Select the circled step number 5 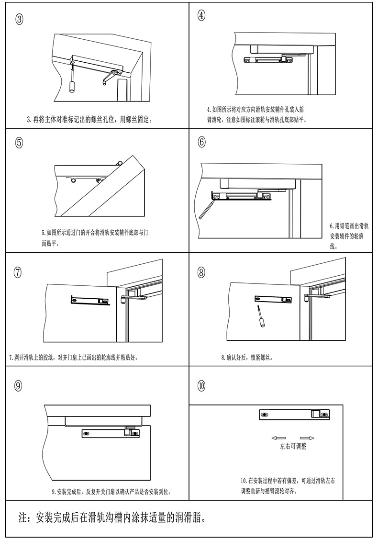tap(19, 142)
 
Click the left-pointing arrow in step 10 tap(278, 438)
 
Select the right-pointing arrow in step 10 tap(307, 438)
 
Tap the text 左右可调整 tap(293, 446)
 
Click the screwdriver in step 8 tap(261, 316)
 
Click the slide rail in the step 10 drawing tap(294, 415)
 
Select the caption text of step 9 tap(111, 492)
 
